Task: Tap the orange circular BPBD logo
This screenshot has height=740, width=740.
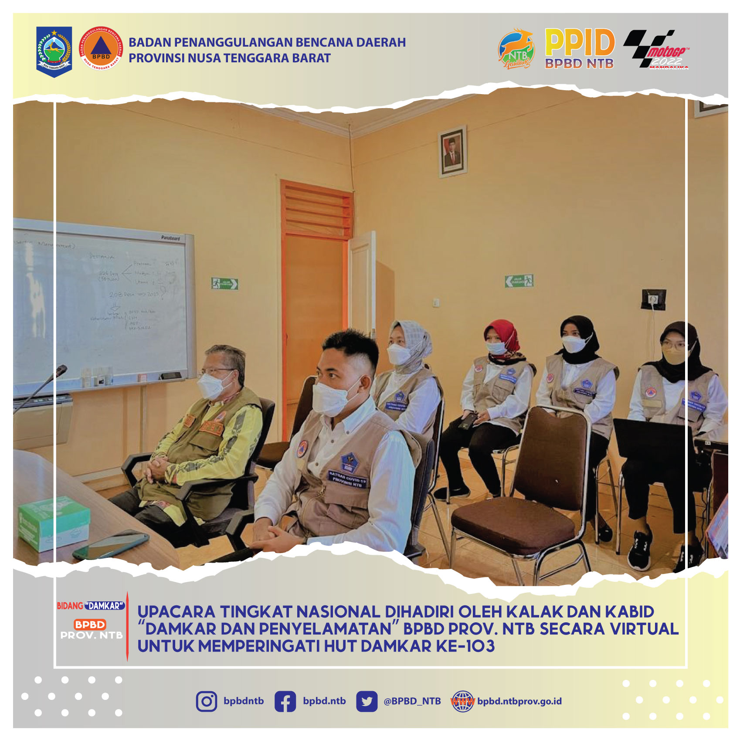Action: point(101,48)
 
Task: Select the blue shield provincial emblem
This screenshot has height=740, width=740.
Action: point(54,51)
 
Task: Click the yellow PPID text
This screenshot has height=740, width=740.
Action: point(579,42)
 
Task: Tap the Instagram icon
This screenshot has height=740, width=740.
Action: point(206,702)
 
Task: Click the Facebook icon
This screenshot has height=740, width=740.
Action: point(285,702)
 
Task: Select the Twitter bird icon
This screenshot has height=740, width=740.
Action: point(367,702)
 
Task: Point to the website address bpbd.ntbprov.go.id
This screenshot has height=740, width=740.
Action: point(519,701)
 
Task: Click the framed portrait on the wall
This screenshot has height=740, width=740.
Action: point(452,151)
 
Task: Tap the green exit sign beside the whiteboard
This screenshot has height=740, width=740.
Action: point(224,284)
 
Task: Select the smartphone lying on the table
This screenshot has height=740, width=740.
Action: point(111,545)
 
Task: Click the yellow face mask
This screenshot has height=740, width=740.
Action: point(674,355)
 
